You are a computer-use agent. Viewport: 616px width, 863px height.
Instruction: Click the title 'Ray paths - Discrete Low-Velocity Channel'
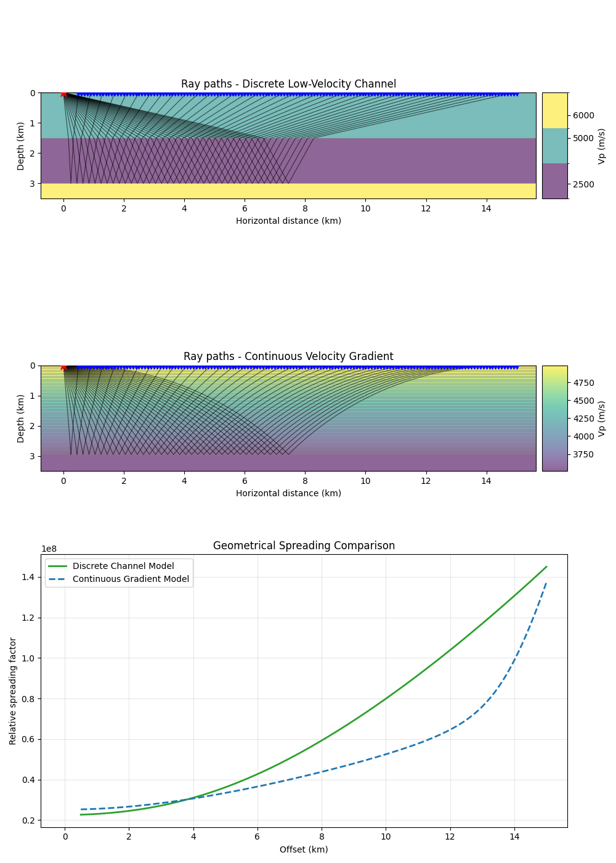(288, 84)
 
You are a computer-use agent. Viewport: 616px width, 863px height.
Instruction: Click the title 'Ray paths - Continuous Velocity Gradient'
(288, 357)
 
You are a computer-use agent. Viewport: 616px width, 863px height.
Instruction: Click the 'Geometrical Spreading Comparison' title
(304, 546)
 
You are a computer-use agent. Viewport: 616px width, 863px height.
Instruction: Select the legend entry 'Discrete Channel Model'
(123, 566)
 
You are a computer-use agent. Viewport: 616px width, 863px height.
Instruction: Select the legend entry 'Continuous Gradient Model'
(131, 579)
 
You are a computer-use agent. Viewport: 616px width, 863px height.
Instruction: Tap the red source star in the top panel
(63, 93)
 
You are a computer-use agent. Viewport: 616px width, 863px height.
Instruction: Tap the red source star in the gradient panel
(63, 366)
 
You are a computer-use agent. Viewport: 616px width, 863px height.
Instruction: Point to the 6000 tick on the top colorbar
(583, 116)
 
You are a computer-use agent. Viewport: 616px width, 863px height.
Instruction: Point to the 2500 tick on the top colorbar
(583, 184)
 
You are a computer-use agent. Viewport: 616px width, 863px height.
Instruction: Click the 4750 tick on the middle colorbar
(583, 383)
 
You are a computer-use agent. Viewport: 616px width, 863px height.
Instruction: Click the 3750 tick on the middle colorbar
(583, 455)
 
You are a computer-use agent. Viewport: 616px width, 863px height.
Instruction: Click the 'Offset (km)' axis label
(304, 849)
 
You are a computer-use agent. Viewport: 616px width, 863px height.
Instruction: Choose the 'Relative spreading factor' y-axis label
(13, 691)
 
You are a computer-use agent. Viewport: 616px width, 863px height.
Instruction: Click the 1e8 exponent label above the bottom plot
(49, 549)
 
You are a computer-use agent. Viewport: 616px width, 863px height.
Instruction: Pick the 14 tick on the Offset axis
(514, 836)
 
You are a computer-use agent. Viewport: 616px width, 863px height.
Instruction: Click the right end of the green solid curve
(546, 567)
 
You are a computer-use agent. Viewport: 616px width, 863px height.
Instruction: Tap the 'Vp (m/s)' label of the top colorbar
(602, 146)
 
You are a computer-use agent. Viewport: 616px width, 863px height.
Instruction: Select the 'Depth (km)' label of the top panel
(21, 146)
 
